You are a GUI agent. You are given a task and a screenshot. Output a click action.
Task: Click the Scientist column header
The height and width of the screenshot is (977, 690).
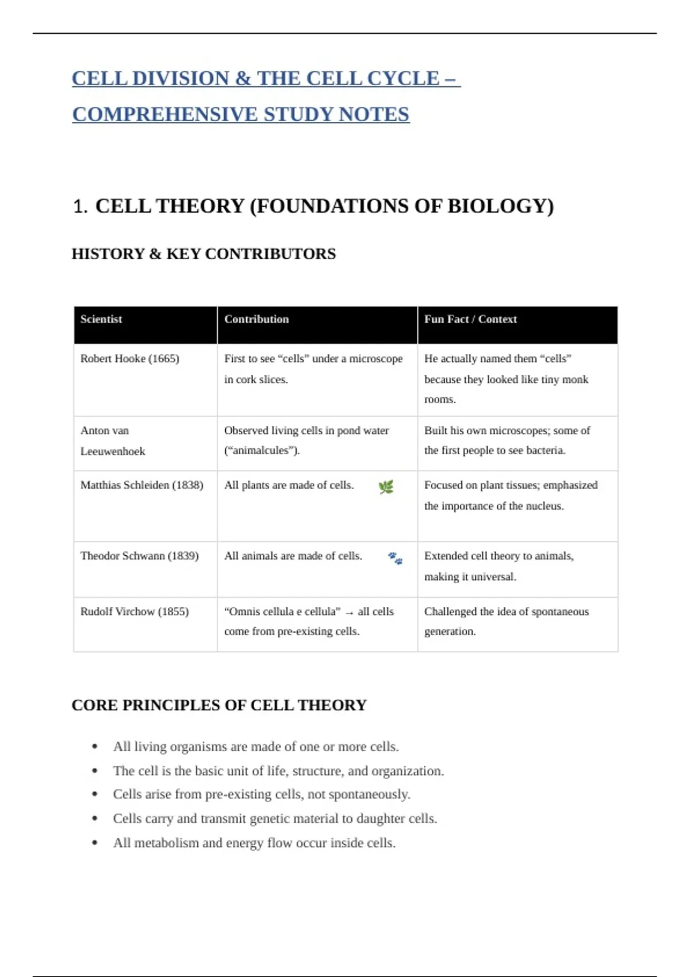click(101, 320)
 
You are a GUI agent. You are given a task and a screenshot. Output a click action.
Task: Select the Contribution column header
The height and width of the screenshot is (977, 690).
click(256, 320)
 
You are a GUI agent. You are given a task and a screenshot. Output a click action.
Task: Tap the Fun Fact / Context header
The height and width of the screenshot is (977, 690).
click(470, 320)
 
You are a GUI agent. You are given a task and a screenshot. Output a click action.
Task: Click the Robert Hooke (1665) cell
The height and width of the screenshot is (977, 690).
click(130, 359)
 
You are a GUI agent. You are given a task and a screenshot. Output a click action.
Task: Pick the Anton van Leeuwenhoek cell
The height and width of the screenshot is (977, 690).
click(113, 441)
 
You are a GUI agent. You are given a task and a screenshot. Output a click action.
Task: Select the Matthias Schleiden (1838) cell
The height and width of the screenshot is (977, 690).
click(142, 485)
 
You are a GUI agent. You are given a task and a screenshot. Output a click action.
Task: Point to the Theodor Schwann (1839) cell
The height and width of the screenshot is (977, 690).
click(140, 556)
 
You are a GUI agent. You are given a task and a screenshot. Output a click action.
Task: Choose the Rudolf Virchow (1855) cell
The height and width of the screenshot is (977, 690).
click(135, 611)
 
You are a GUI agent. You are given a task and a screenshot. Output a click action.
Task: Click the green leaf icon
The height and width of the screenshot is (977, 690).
click(386, 487)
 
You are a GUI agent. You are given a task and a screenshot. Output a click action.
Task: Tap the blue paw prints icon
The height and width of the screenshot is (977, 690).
click(395, 558)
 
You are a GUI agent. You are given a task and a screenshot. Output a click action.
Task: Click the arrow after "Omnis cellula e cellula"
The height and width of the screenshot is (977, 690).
click(349, 613)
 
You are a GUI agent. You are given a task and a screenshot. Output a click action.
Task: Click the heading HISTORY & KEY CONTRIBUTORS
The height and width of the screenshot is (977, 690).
click(204, 254)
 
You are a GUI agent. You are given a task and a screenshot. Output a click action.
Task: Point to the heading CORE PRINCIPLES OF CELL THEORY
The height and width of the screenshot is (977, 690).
click(219, 705)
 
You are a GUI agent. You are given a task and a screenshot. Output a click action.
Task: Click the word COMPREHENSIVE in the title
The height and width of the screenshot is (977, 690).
click(166, 114)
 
